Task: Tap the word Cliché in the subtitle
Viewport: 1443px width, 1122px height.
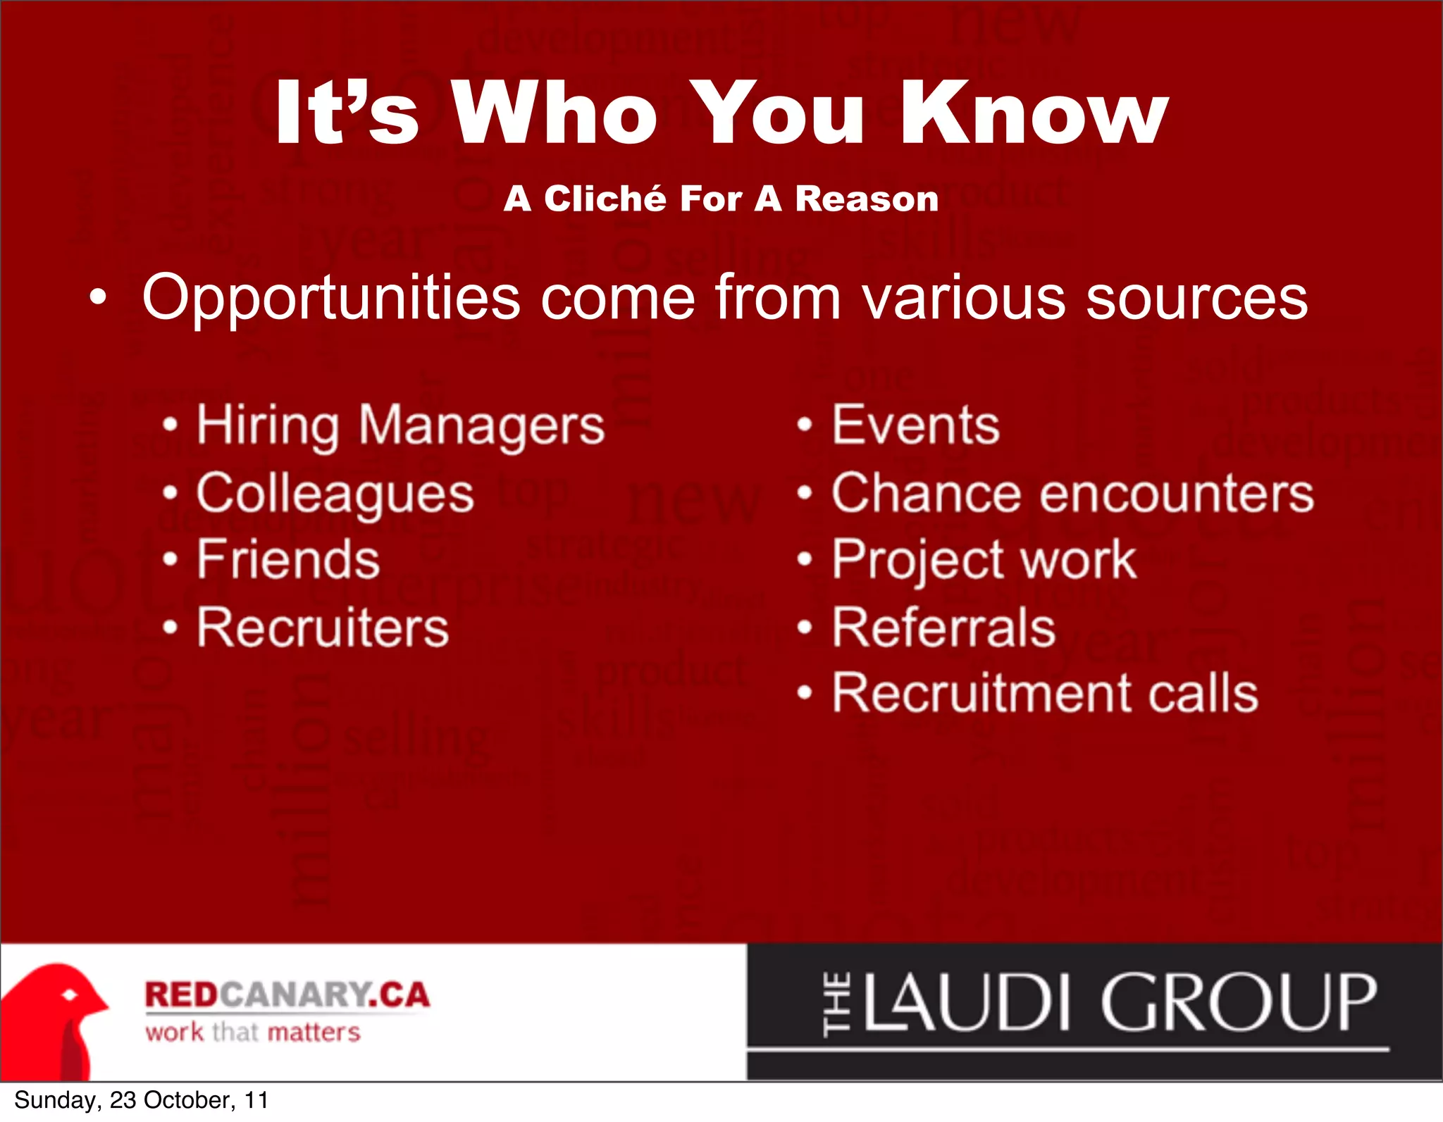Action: (605, 199)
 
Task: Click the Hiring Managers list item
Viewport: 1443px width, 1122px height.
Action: (400, 426)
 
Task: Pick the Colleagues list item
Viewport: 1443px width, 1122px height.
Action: (335, 494)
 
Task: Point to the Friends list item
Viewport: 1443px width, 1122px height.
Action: (288, 559)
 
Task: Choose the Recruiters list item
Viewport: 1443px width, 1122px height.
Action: (323, 627)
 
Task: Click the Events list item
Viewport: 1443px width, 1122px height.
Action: (915, 425)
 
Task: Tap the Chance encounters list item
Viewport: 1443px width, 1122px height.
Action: (1072, 493)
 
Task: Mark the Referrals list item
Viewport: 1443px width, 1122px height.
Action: (943, 627)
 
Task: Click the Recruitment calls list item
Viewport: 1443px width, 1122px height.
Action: (1045, 693)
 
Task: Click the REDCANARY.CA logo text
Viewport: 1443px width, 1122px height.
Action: (287, 995)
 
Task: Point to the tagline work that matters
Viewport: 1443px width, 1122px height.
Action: (253, 1033)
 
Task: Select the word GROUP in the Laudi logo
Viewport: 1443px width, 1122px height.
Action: (1237, 1002)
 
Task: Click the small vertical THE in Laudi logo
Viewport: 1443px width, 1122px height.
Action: (836, 1004)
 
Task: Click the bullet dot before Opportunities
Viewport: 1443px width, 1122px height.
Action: (99, 299)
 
